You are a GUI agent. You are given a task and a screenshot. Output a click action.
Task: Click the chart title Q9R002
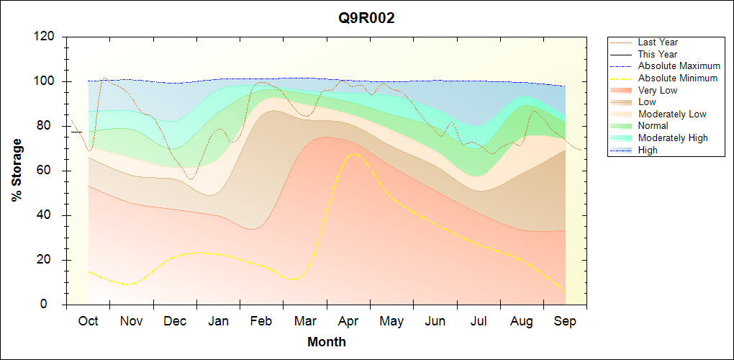click(367, 19)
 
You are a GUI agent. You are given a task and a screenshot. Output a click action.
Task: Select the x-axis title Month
click(327, 342)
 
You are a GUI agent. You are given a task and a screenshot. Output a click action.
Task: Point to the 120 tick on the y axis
click(47, 37)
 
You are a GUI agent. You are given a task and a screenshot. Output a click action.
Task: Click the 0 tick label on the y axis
click(53, 305)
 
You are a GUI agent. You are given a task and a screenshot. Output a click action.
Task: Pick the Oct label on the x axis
click(88, 321)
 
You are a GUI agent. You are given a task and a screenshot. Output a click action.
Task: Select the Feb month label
click(261, 321)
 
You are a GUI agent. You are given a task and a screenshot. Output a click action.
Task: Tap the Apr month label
click(348, 321)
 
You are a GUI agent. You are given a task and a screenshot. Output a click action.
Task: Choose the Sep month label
click(565, 321)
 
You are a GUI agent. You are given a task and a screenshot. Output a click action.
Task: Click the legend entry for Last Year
click(658, 42)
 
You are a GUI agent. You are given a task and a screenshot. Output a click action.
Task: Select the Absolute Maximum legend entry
click(679, 66)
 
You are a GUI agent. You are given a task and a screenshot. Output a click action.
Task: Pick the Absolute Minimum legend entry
click(677, 78)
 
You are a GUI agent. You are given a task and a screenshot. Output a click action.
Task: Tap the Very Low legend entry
click(658, 90)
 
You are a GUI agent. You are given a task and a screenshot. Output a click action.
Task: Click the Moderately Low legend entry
click(672, 114)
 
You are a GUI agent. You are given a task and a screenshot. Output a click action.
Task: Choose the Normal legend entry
click(653, 126)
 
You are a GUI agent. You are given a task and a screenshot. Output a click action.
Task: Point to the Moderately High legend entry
click(673, 138)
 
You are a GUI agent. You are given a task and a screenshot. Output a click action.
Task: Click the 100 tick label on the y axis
click(47, 81)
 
